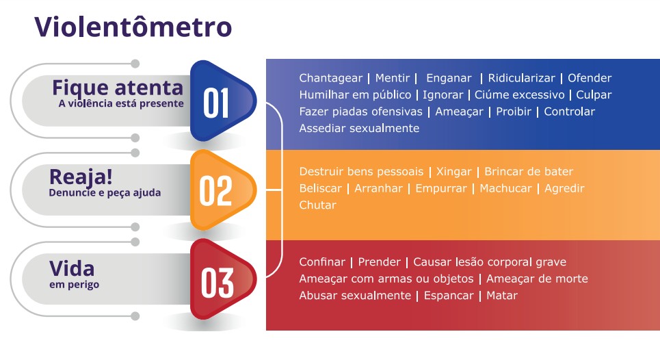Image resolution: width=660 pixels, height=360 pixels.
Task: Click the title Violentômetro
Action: coord(133,27)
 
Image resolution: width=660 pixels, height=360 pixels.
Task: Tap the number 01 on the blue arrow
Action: coord(216,103)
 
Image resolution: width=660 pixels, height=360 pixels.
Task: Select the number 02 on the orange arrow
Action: coord(215,191)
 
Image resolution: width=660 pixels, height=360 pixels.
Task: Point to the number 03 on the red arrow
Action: coord(217,283)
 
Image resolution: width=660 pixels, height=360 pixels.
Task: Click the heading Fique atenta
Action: coord(118,88)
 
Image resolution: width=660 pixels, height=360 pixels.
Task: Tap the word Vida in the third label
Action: coord(72,269)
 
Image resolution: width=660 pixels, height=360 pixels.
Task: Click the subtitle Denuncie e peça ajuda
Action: coord(105,193)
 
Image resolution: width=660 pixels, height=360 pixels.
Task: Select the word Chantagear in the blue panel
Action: coord(330,78)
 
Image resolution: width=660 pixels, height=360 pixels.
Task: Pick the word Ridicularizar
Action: coord(522,78)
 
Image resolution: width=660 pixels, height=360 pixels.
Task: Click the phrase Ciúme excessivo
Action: coord(519,94)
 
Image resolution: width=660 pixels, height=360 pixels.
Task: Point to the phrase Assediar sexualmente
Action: coord(359,128)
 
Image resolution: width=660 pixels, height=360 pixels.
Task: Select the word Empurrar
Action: coord(441,189)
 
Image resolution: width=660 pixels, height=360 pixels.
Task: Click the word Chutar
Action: coord(318,205)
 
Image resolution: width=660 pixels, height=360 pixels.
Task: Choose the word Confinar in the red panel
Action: coord(322,262)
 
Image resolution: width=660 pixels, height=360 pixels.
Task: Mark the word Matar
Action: coord(502,296)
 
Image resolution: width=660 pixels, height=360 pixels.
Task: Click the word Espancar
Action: coord(449,296)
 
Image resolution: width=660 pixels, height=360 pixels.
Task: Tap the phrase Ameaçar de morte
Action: coord(537,279)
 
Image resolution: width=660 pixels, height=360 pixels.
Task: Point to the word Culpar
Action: coord(594,95)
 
